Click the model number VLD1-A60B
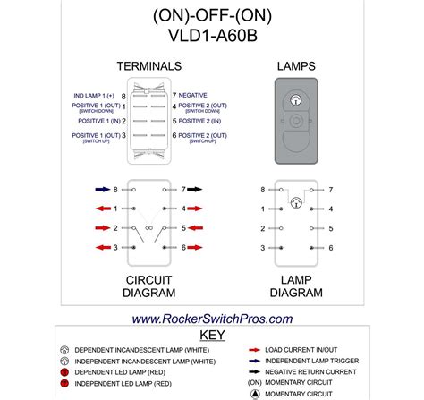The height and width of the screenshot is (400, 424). (212, 37)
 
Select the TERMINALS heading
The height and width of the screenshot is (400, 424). (148, 67)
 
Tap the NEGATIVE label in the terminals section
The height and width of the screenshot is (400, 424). (194, 94)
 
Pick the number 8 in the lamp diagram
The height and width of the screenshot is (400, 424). (262, 190)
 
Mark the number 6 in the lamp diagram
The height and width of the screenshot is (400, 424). (330, 247)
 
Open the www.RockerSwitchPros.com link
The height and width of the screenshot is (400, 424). (212, 319)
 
